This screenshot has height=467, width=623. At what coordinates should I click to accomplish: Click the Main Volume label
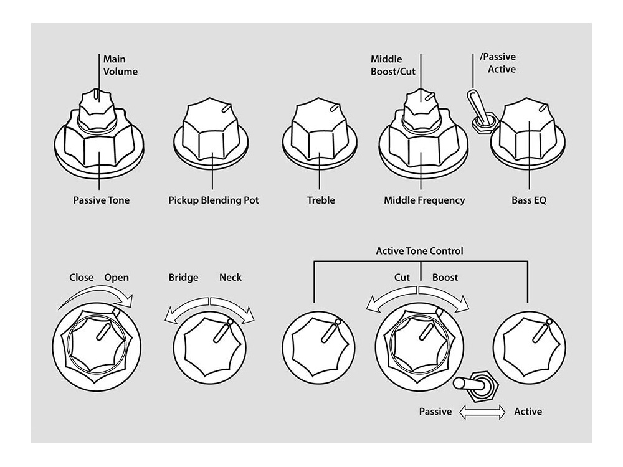pos(120,65)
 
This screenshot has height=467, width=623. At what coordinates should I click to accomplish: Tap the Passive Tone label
pos(102,200)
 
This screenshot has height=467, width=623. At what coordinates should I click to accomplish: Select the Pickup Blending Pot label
pos(213,200)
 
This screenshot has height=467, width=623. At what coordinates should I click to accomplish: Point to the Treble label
pos(321,200)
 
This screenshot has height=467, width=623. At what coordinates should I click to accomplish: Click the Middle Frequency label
pos(424,200)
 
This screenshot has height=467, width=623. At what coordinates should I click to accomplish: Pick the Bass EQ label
pos(529,200)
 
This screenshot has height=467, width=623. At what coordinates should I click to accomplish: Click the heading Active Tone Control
pos(419,252)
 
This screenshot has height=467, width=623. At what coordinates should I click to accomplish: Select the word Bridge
pos(183,278)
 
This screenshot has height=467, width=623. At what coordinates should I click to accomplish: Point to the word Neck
pos(231,278)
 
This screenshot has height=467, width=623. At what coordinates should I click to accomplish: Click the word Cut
pos(402,278)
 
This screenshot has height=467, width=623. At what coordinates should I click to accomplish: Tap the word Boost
pos(445,278)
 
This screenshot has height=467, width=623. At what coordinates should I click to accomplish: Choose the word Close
pos(82,278)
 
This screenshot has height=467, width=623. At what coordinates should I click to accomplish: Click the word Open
pos(117,278)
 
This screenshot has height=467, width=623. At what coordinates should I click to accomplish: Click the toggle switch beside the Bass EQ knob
pos(481,110)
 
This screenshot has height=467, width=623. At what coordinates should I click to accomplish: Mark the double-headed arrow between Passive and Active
pos(482,412)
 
